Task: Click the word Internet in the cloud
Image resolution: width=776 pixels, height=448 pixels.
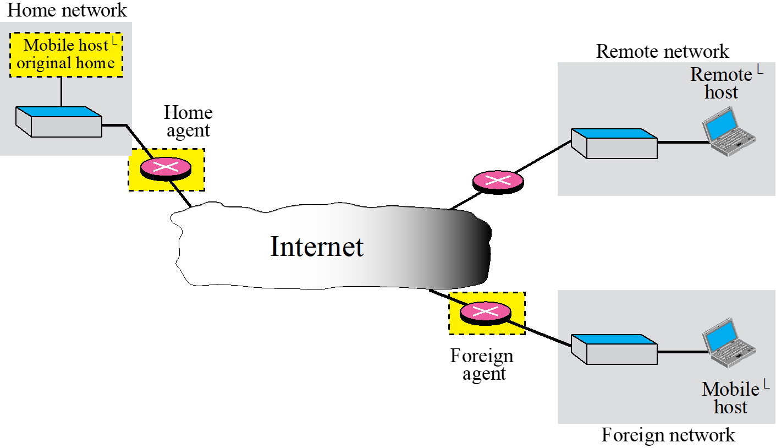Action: coord(317,247)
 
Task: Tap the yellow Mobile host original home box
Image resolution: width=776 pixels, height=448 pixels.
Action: coord(66,54)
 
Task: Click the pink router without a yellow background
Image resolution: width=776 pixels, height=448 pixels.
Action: coord(498,180)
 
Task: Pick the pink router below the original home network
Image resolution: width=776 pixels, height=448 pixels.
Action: coord(166,168)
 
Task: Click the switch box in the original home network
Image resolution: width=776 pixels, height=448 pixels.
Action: coord(59,122)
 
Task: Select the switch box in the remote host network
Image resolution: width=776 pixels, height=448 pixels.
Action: coord(614,144)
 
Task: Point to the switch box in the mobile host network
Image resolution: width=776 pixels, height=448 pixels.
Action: coord(614,349)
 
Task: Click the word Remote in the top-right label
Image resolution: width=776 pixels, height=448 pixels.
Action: coord(720,74)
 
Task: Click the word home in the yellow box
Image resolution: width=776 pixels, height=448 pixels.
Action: coord(95,63)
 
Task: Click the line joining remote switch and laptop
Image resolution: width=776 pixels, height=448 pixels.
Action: coord(681,143)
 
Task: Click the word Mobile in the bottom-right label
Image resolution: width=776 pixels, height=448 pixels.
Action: coord(730,390)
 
